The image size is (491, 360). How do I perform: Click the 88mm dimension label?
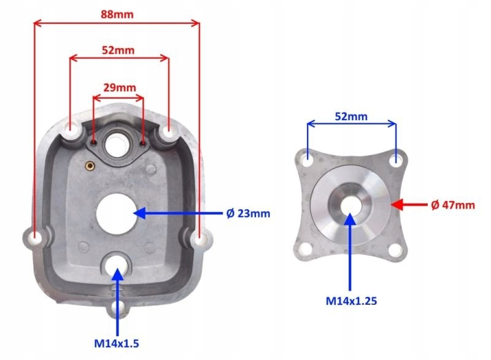tap(117, 14)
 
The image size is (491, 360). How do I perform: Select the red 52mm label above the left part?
tap(118, 50)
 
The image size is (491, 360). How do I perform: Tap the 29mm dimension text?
tap(120, 87)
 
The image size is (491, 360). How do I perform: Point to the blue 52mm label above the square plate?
tap(351, 117)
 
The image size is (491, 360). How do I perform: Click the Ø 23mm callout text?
tap(248, 213)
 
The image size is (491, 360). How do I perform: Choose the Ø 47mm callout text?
tap(453, 205)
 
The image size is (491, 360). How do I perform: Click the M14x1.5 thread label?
tap(117, 343)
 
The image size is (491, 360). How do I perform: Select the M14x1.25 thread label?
tap(351, 301)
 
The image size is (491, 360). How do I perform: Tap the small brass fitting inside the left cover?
tap(90, 166)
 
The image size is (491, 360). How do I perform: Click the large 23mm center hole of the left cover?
tap(117, 213)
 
